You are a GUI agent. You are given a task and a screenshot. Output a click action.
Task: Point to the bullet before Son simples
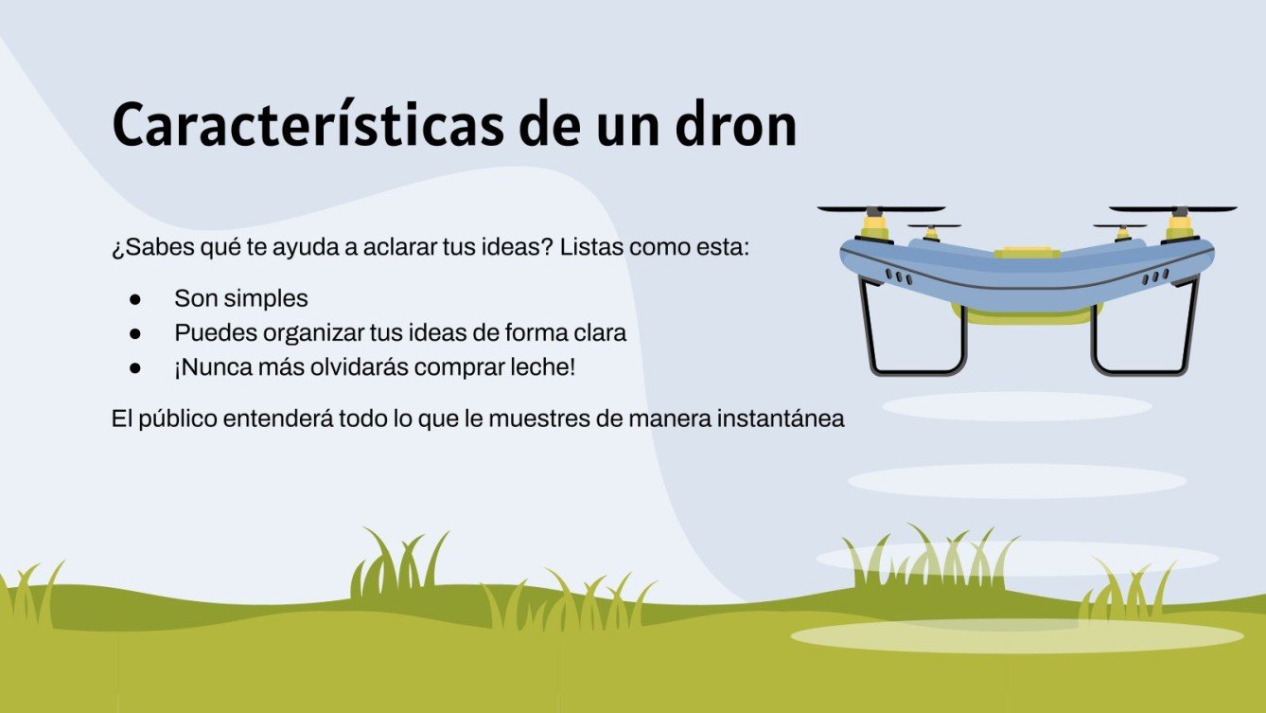coord(134,299)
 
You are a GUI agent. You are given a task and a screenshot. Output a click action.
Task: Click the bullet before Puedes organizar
coord(134,334)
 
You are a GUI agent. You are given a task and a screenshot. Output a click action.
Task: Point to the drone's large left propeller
coord(880,208)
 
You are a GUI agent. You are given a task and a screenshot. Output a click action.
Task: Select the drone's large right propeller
coord(1173,208)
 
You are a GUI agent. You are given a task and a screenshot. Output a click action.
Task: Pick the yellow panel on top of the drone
coord(1027,252)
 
